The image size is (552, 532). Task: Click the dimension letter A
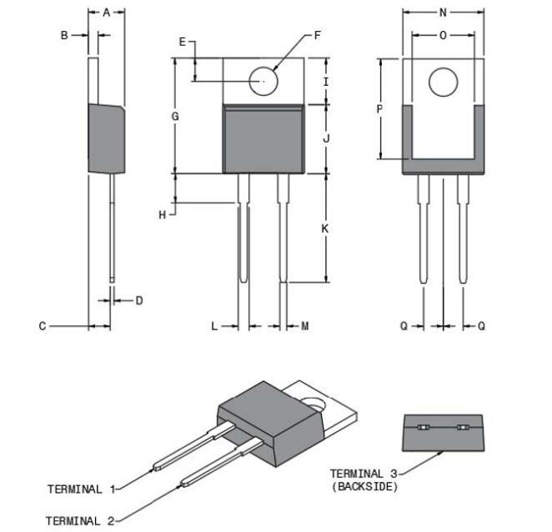click(x=107, y=13)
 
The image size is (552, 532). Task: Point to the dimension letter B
click(x=63, y=35)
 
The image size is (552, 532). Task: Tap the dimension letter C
click(x=43, y=326)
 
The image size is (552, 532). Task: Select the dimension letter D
click(x=139, y=300)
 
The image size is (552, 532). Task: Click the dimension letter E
click(x=182, y=43)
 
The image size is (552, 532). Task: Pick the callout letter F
click(x=318, y=36)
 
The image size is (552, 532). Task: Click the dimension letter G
click(x=176, y=117)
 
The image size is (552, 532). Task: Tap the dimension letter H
click(x=163, y=215)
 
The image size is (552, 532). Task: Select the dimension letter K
click(x=326, y=228)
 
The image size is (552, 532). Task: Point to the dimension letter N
click(x=443, y=13)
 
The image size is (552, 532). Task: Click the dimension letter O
click(x=443, y=35)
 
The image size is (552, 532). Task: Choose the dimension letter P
click(x=380, y=109)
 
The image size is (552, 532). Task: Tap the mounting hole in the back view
click(x=444, y=82)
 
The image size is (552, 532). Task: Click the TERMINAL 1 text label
click(x=81, y=489)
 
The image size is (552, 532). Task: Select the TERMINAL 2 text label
click(x=81, y=520)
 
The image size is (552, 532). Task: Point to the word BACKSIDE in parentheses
click(x=364, y=487)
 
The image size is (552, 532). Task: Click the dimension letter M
click(x=305, y=326)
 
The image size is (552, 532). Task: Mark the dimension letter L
click(x=214, y=326)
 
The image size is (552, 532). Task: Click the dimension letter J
click(x=326, y=138)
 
